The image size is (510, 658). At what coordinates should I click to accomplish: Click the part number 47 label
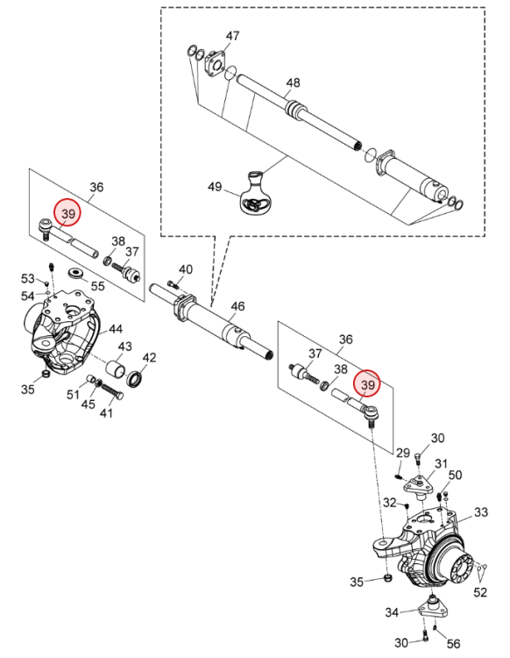click(232, 36)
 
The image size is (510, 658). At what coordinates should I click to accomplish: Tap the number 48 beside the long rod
click(294, 82)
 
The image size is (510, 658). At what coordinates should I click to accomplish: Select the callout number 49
click(215, 186)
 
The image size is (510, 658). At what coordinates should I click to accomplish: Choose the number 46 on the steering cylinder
click(237, 306)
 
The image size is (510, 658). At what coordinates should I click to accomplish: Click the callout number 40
click(186, 269)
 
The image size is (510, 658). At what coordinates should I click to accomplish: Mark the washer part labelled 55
click(75, 272)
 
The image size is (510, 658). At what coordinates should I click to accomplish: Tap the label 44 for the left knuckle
click(116, 329)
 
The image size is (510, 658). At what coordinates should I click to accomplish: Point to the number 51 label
click(74, 395)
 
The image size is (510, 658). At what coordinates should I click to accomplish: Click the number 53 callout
click(28, 279)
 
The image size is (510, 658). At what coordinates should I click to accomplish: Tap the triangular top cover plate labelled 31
click(419, 486)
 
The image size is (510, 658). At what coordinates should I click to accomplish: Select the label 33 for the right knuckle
click(481, 512)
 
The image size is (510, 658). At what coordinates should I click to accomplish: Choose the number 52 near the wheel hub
click(481, 592)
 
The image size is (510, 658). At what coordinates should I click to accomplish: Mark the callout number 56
click(453, 644)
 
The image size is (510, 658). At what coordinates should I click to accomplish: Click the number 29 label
click(403, 453)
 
